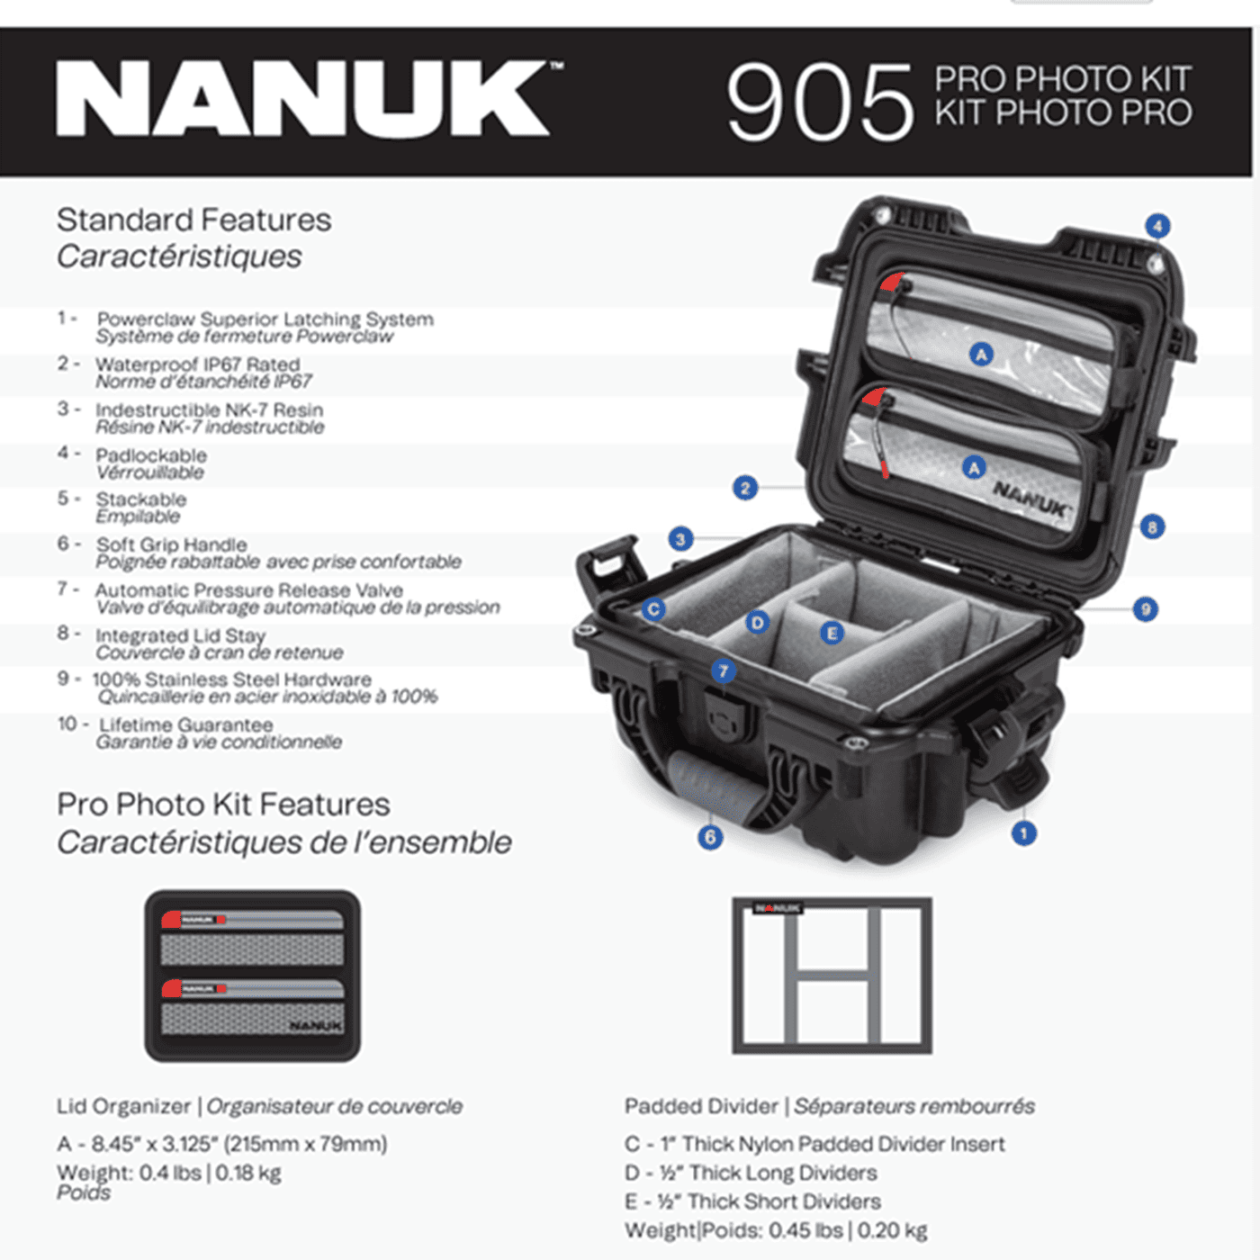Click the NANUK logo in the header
point(306,99)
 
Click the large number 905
point(819,102)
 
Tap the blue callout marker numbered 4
point(1157,226)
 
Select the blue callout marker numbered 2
point(744,488)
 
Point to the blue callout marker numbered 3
point(680,539)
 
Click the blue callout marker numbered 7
point(723,671)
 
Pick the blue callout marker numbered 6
point(710,838)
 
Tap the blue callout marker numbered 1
point(1023,833)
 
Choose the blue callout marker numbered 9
point(1145,609)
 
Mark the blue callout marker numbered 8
point(1152,526)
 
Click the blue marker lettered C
point(654,609)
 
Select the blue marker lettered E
point(832,634)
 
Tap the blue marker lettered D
point(757,622)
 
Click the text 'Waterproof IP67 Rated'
point(198,364)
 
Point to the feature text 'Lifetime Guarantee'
point(186,724)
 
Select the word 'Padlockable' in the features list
point(151,455)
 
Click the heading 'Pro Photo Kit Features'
point(223,804)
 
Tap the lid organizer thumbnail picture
point(253,976)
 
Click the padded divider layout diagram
point(832,976)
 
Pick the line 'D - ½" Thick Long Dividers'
point(751,1173)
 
